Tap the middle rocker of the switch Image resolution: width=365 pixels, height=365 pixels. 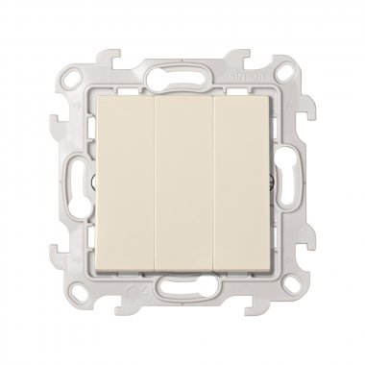(183, 182)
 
